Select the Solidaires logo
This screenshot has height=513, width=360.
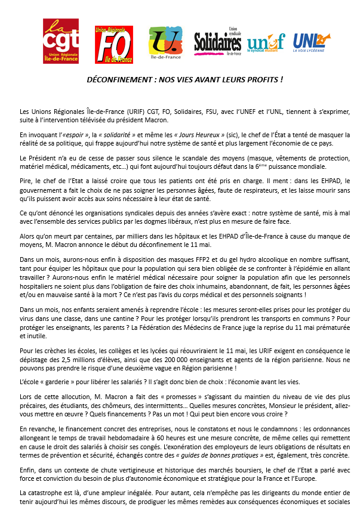[x=218, y=42]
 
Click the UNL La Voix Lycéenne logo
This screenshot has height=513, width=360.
[x=311, y=42]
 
